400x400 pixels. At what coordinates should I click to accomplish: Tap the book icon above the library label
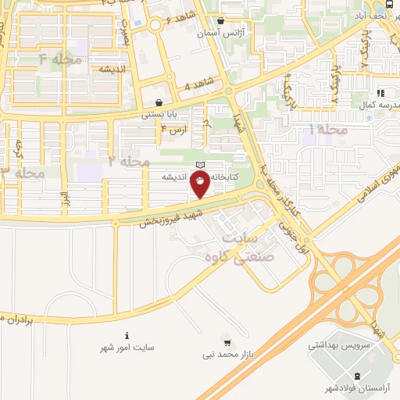pos(200,165)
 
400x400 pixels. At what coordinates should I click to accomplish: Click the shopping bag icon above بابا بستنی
pos(159,102)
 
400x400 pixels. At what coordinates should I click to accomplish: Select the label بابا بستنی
pos(159,115)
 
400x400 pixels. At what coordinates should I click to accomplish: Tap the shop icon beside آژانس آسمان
pos(221,21)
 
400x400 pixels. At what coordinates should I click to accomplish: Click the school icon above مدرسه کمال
pos(380,93)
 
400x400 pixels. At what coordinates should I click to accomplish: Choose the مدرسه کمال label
pos(372,105)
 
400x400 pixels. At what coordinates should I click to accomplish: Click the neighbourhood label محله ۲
pos(129,162)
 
